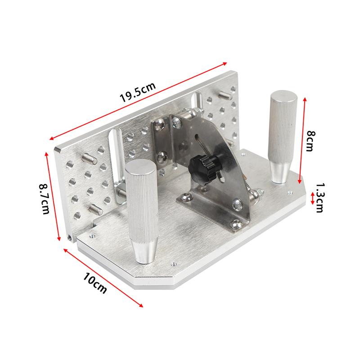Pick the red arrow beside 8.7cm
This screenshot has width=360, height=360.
coord(52,196)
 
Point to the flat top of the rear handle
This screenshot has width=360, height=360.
coord(283,97)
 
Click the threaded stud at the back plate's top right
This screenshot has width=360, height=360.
coord(224,96)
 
